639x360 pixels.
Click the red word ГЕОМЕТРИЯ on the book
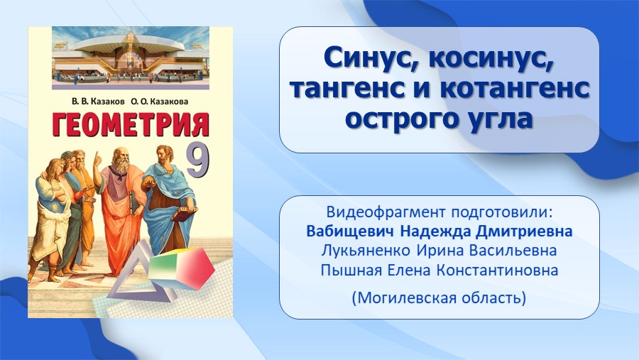pyautogui.click(x=131, y=124)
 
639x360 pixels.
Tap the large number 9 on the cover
pyautogui.click(x=198, y=160)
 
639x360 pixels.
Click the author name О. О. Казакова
pyautogui.click(x=160, y=102)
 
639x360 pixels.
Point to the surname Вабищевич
pyautogui.click(x=350, y=231)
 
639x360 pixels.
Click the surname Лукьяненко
pyautogui.click(x=366, y=251)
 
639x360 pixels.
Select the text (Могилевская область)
pyautogui.click(x=439, y=298)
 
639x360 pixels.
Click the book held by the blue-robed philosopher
pyautogui.click(x=185, y=214)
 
